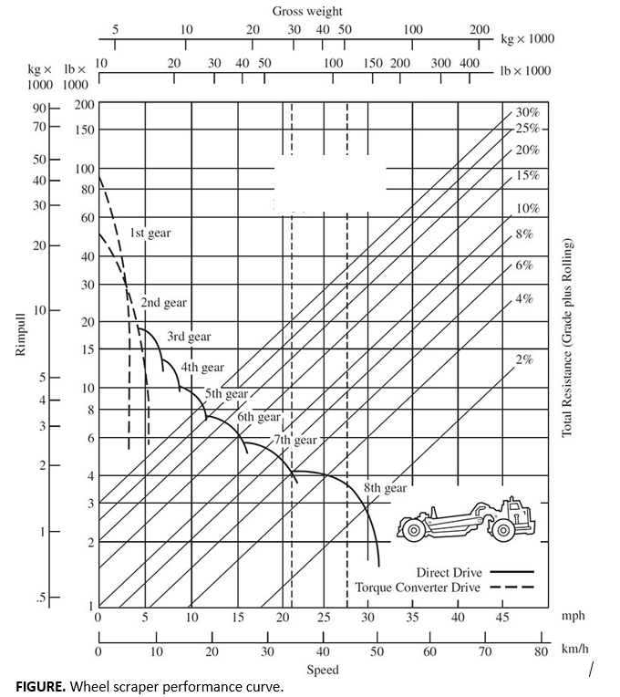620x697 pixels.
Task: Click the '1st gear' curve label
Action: coord(150,234)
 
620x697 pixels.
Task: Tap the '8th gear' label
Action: coord(386,488)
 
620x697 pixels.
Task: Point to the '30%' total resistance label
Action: coord(528,112)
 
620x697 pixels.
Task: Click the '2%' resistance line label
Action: coord(524,359)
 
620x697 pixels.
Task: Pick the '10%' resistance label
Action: coord(528,209)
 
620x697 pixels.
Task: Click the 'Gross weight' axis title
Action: coord(307,11)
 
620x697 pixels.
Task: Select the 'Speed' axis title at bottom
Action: coord(322,670)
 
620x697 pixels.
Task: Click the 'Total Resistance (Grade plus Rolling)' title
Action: coord(566,338)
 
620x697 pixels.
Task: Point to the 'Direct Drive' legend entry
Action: coord(449,573)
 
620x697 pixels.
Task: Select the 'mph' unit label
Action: coord(573,617)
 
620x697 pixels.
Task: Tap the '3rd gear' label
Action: coord(189,337)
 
